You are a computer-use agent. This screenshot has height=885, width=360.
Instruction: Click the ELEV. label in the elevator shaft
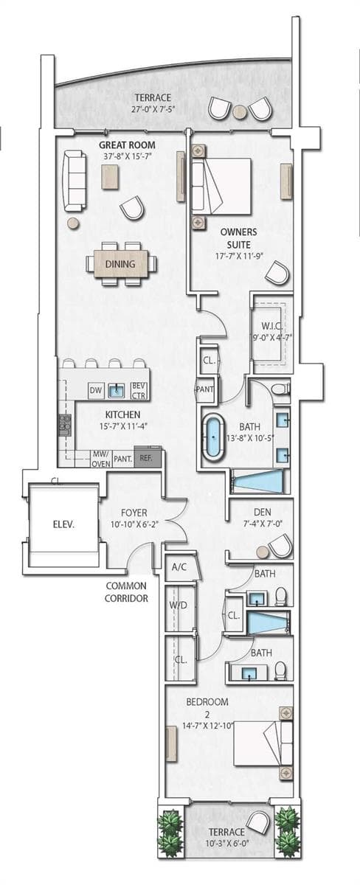(63, 524)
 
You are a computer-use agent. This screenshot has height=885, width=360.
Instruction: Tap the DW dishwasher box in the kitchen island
(95, 391)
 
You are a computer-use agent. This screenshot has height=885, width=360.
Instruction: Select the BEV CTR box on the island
(139, 390)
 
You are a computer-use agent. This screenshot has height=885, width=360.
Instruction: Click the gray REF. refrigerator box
(147, 459)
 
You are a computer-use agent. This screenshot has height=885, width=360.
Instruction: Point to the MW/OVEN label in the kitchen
(101, 459)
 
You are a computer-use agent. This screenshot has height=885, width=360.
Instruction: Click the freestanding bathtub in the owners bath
(213, 437)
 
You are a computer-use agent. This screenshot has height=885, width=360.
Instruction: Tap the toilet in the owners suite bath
(281, 389)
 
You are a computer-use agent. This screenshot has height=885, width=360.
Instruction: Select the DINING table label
(120, 264)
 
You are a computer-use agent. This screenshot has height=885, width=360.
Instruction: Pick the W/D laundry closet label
(178, 605)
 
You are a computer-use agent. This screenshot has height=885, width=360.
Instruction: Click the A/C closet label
(179, 567)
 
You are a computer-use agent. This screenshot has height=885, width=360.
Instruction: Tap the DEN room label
(263, 513)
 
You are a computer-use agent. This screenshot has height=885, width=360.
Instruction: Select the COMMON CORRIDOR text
(126, 591)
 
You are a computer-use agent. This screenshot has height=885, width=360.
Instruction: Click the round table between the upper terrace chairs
(240, 112)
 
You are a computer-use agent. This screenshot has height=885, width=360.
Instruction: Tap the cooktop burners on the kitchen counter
(65, 425)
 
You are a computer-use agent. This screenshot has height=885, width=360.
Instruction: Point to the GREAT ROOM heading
(127, 145)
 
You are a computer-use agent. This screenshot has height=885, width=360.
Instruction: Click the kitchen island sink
(117, 391)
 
